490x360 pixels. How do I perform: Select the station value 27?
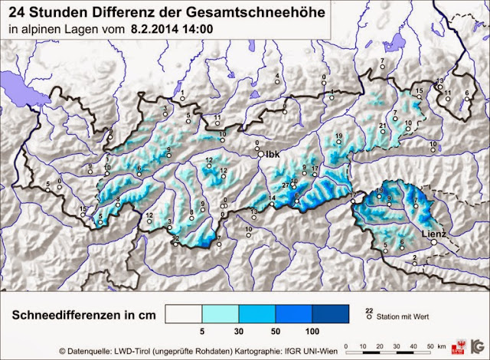tap(285, 186)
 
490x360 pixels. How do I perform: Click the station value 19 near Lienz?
tap(379, 191)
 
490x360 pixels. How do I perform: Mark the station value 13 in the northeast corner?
tap(439, 81)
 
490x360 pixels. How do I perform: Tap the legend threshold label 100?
tap(312, 332)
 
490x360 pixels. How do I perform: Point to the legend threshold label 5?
tap(201, 332)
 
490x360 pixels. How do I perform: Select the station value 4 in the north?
tap(276, 76)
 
